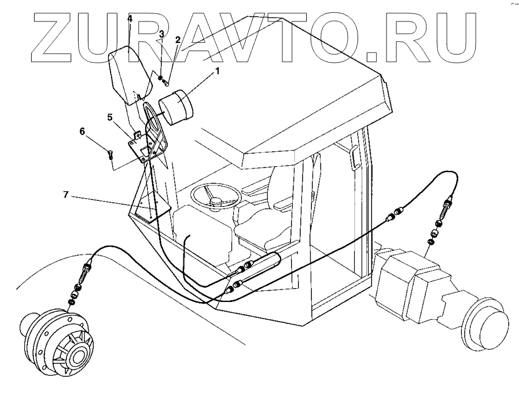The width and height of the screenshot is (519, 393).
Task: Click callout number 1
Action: [218, 71]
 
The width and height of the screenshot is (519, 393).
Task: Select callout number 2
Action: [178, 40]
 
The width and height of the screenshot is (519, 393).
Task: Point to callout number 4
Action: [130, 19]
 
